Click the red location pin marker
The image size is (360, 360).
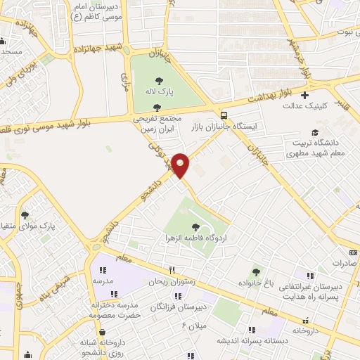coord(181,165)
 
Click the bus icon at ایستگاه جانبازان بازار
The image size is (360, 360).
coord(224,115)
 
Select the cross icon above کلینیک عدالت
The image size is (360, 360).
coord(304,95)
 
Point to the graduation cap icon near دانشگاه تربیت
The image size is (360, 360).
coord(315,132)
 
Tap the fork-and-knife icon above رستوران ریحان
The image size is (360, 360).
coord(170,270)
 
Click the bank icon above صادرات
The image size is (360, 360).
coord(353,252)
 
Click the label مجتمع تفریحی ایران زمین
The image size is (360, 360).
coord(157,125)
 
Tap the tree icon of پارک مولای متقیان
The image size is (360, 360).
coord(25,215)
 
